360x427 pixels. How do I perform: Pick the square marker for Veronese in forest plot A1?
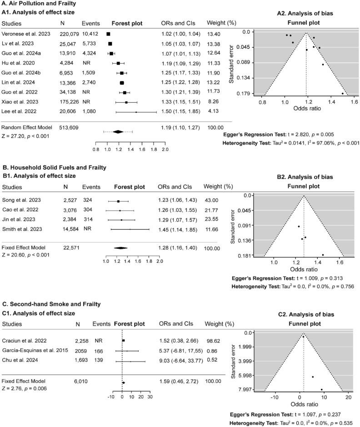coord(108,34)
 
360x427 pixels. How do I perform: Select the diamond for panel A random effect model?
coord(118,132)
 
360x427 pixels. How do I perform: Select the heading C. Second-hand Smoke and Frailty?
coord(50,304)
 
